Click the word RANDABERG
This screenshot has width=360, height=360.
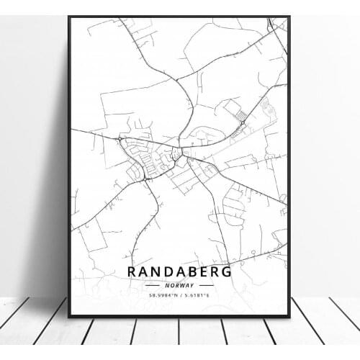pyautogui.click(x=180, y=272)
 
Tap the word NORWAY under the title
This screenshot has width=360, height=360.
pyautogui.click(x=180, y=285)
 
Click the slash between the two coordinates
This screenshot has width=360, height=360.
pyautogui.click(x=180, y=296)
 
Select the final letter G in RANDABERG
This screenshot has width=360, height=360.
pyautogui.click(x=226, y=272)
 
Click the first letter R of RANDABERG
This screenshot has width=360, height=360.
pyautogui.click(x=132, y=272)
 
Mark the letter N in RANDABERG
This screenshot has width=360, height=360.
pyautogui.click(x=156, y=272)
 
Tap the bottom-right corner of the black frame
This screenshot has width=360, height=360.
pyautogui.click(x=290, y=317)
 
